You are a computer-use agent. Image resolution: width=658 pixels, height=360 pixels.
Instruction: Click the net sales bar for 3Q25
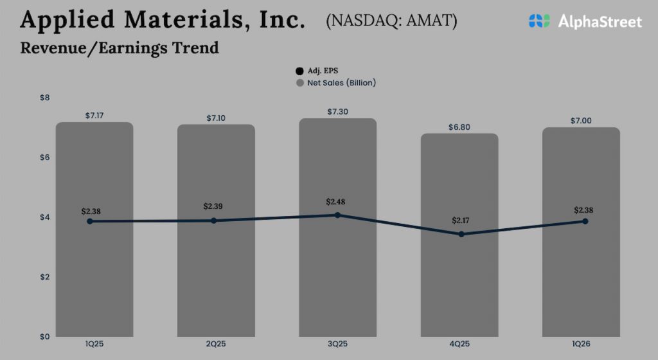click(337, 270)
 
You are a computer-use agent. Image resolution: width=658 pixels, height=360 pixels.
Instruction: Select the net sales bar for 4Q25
click(459, 283)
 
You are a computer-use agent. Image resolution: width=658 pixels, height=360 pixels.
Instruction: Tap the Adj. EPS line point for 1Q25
click(90, 221)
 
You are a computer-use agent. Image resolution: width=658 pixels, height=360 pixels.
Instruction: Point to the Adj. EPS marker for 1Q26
click(585, 221)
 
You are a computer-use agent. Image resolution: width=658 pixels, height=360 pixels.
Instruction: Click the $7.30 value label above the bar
click(337, 111)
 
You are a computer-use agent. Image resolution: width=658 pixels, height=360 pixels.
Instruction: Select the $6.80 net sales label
click(459, 127)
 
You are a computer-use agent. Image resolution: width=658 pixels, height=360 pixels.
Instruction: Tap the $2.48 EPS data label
click(336, 202)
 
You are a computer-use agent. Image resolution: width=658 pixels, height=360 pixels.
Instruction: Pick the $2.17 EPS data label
click(461, 221)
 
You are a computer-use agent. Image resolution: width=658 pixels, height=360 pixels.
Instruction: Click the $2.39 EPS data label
click(214, 206)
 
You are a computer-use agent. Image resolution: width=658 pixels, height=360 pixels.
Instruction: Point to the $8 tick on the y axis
click(44, 98)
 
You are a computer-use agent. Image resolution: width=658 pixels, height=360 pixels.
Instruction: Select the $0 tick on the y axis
click(44, 336)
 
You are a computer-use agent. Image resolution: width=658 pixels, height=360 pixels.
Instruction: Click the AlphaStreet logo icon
click(540, 21)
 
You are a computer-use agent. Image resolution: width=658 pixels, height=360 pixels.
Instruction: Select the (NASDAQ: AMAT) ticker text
click(391, 21)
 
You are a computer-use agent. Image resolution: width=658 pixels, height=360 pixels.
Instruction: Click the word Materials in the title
click(174, 20)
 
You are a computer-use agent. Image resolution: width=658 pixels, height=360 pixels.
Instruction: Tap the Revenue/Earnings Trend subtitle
click(120, 48)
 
